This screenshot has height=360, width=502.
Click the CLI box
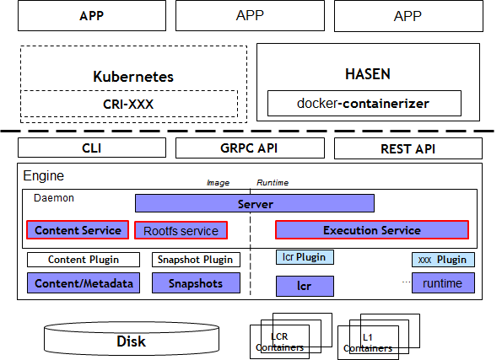92,148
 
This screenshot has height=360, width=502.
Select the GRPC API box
250,148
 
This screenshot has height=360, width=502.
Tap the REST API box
408,148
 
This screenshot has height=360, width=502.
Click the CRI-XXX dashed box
129,104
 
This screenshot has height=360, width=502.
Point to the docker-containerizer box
364,103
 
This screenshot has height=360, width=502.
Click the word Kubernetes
133,77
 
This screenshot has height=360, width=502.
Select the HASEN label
368,74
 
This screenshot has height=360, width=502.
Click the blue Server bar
255,203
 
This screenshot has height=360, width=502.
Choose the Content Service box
78,230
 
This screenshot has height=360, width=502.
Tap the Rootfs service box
181,230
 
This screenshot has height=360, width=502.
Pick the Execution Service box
372,230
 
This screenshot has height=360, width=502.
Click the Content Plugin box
84,260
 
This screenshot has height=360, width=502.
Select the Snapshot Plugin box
196,260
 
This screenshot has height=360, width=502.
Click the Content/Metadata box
84,283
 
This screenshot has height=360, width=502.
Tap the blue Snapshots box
196,283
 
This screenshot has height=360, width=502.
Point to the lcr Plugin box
305,257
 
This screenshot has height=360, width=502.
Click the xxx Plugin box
443,260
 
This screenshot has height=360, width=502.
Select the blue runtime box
443,283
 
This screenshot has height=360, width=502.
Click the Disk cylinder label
132,341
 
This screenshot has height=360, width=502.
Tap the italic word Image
218,183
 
